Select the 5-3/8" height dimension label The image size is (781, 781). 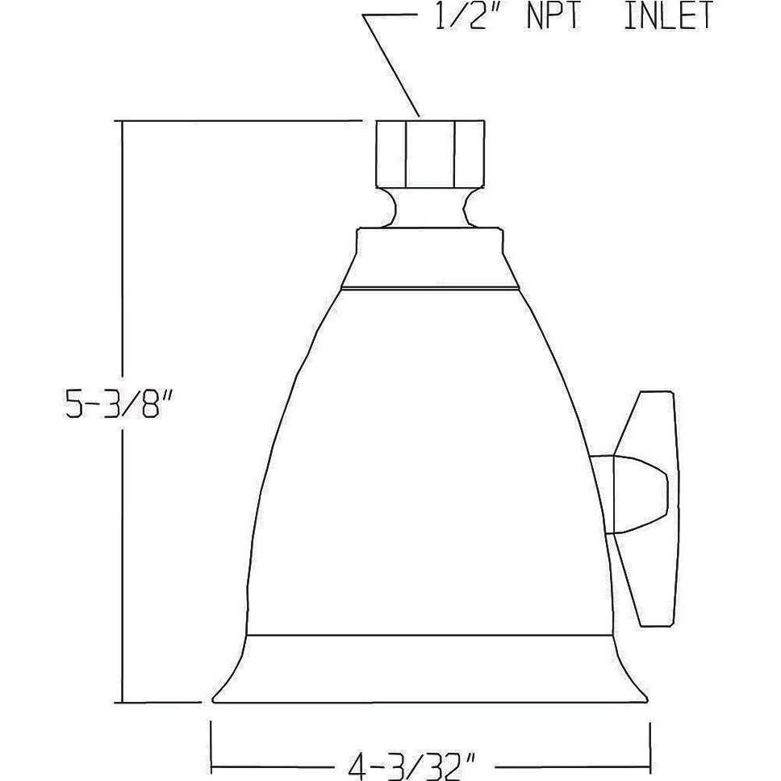[x=122, y=403]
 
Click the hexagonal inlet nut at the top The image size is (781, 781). [x=432, y=152]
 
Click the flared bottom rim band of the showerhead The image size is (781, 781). [x=430, y=669]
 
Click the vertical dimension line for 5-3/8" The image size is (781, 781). [x=122, y=565]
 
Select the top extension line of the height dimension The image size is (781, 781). [x=242, y=120]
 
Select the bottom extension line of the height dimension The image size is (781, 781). [x=161, y=702]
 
